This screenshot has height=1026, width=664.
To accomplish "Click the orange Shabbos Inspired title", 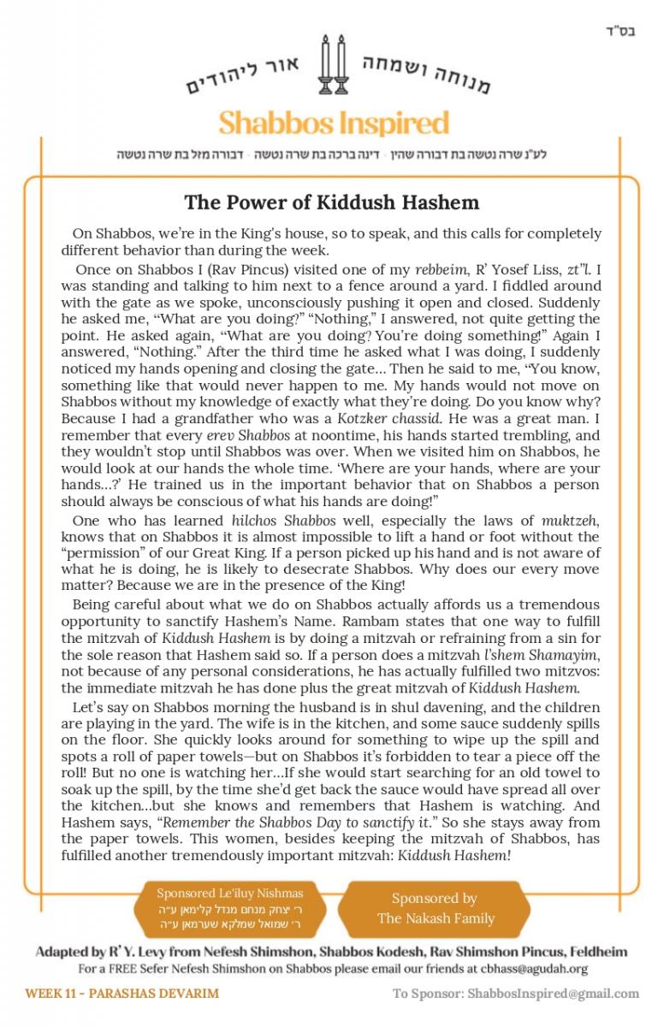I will (334, 123).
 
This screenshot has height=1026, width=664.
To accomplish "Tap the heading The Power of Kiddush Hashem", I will (332, 203).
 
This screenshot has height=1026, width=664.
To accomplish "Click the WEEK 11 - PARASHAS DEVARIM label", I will (122, 994).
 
